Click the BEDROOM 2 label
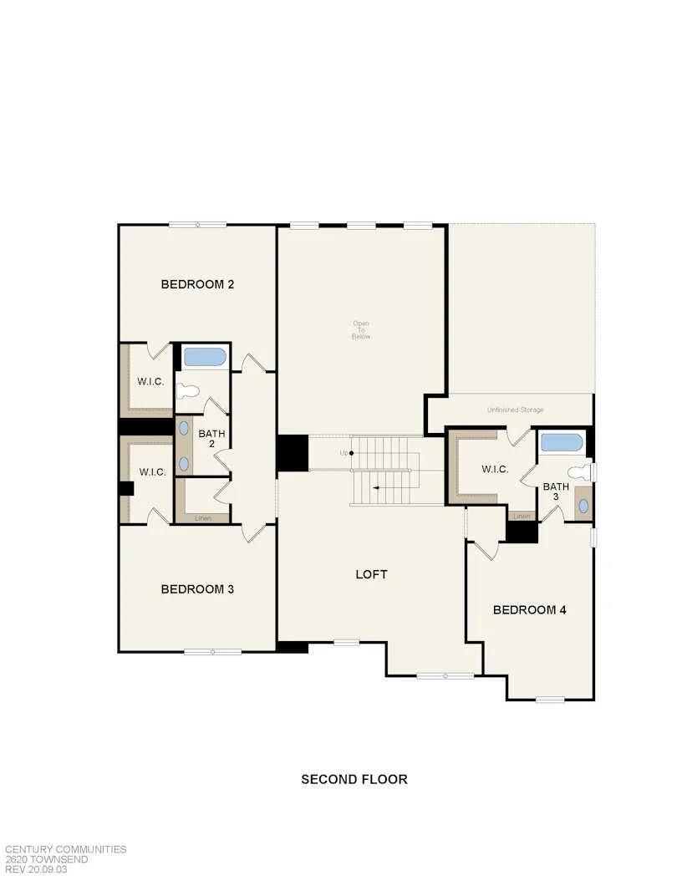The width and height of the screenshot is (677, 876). tap(197, 284)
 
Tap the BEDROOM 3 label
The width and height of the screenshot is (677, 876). tap(197, 589)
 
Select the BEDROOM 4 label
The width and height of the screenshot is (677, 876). tap(530, 610)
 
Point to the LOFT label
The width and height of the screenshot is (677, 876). tap(372, 574)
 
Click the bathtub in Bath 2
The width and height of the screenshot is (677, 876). tap(204, 357)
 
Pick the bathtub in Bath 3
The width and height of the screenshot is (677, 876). tap(562, 441)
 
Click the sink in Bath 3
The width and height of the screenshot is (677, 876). tap(583, 506)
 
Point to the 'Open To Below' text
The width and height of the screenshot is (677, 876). tap(361, 329)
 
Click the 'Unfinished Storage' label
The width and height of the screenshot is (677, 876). tap(516, 410)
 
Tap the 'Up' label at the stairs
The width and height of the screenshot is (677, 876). tap(344, 453)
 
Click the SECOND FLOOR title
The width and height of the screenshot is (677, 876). tap(354, 779)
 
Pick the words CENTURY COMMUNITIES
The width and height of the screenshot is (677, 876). tap(66, 849)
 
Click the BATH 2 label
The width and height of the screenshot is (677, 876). tap(211, 438)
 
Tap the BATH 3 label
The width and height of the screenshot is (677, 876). tap(556, 491)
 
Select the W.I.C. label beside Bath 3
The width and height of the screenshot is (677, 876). tap(495, 469)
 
